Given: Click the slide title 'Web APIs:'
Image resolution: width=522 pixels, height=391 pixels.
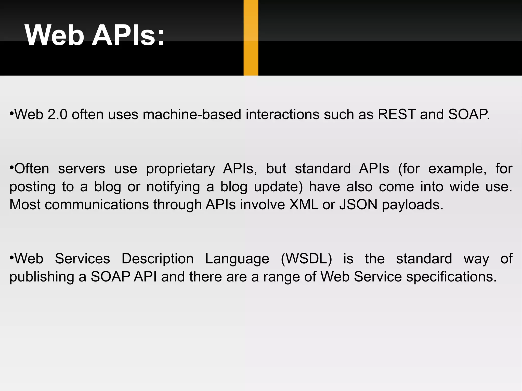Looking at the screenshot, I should (94, 35).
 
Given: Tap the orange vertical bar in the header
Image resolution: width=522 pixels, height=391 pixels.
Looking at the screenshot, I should (251, 38).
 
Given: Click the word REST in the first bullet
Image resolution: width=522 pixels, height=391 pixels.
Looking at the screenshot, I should (397, 114).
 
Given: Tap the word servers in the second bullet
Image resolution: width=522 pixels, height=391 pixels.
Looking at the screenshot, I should (82, 169).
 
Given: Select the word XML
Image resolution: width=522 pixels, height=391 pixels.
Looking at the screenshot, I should (304, 205).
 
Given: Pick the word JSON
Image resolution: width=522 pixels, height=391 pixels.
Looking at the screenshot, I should (358, 205).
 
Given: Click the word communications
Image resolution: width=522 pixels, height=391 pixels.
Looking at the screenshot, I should (97, 205).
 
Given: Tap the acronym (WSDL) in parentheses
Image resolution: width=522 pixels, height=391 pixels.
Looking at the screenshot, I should (306, 259).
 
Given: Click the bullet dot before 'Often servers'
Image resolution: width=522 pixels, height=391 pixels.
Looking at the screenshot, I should (11, 168).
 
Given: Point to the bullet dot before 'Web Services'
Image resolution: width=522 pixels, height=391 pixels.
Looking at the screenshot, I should (11, 258).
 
